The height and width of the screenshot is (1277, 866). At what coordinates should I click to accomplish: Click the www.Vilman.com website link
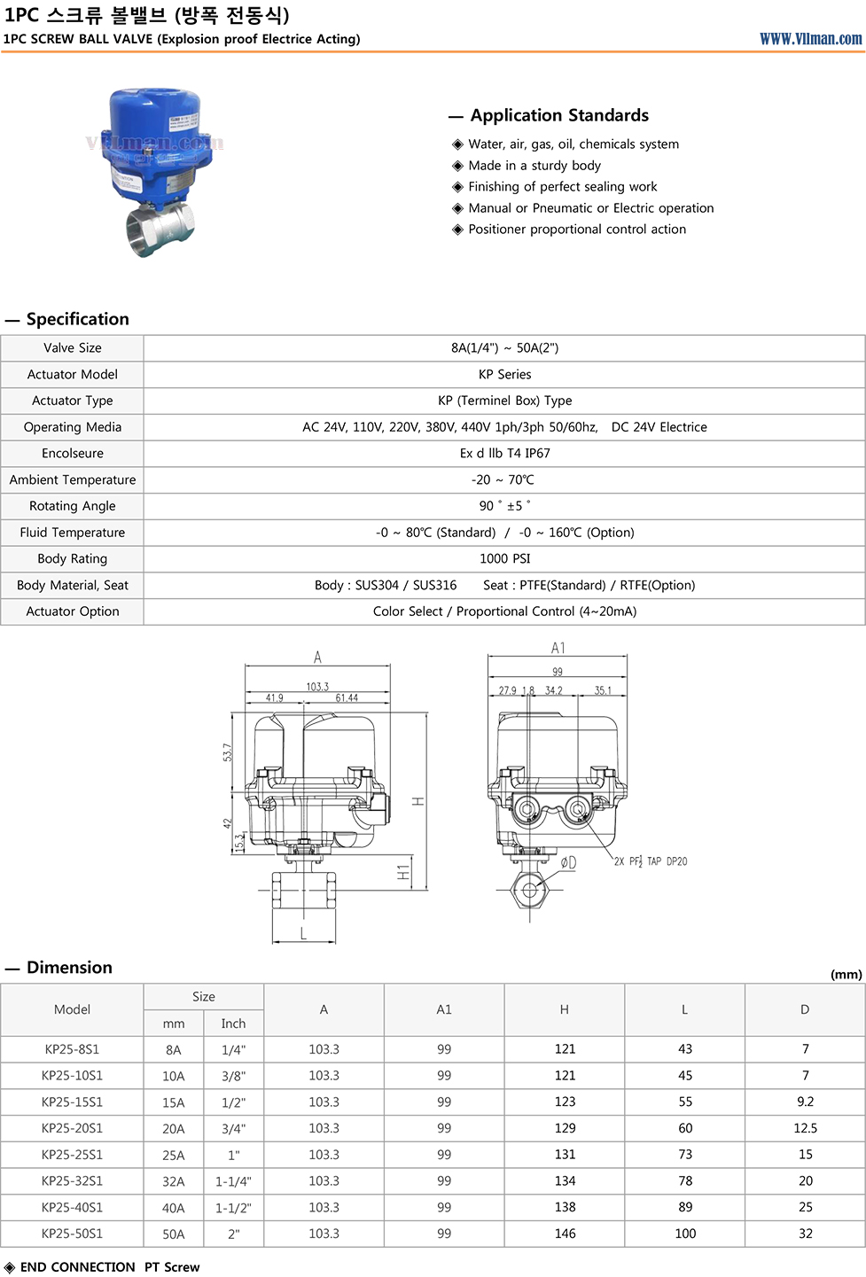[810, 39]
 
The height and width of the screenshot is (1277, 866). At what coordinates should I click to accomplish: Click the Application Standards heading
[559, 115]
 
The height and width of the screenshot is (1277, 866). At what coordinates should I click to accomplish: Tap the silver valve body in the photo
[160, 228]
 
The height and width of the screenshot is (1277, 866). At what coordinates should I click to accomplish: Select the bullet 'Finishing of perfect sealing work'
[562, 187]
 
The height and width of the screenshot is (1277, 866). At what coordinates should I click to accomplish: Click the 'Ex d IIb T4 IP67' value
[504, 454]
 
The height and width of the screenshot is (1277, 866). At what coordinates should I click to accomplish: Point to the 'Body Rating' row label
[73, 559]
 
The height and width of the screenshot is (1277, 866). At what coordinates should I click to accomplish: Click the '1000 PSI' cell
[504, 559]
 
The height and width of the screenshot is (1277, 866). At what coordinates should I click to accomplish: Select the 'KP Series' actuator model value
[504, 375]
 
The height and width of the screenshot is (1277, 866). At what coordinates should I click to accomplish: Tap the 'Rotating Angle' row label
[73, 506]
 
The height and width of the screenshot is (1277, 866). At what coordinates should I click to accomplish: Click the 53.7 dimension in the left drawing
[227, 752]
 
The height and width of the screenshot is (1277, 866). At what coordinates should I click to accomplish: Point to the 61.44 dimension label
[347, 698]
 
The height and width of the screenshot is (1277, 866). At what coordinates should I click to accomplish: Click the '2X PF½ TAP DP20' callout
[651, 861]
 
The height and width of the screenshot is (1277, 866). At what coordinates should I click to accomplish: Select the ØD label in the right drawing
[568, 862]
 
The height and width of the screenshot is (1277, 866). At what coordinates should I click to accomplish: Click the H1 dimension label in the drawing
[403, 873]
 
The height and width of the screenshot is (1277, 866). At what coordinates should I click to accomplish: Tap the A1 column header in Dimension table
[444, 1009]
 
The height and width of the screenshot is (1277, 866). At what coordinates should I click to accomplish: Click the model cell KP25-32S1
[73, 1181]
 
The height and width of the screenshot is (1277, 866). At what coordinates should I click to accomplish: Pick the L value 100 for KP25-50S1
[685, 1234]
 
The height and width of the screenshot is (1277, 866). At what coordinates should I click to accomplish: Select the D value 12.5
[805, 1128]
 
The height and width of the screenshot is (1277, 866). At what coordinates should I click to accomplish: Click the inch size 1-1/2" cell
[233, 1208]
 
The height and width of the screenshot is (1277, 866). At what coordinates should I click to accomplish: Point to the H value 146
[565, 1234]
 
